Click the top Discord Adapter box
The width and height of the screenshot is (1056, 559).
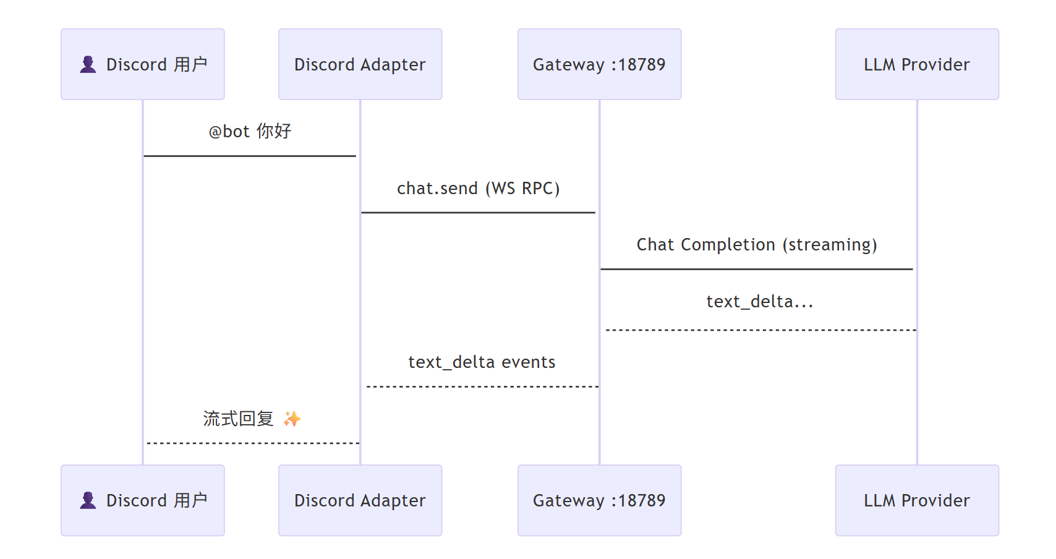(360, 64)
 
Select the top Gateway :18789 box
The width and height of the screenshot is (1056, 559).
(599, 64)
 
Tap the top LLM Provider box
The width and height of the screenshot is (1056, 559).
(917, 64)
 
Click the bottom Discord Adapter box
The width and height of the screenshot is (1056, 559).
(360, 500)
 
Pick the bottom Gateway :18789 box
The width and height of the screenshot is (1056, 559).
(599, 500)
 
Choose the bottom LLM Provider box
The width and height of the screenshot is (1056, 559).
(917, 500)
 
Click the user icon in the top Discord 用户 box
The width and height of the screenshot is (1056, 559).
(88, 64)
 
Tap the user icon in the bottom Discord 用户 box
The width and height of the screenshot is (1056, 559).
(88, 500)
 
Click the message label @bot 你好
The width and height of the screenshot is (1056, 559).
(250, 131)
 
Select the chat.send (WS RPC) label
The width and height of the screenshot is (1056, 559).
(478, 188)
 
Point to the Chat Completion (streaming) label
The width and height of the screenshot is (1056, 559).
(757, 245)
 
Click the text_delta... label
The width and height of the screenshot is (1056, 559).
(759, 302)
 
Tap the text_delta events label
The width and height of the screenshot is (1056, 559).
(482, 362)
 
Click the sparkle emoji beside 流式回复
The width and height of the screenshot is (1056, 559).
(292, 419)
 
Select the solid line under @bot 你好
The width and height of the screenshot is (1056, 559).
(250, 156)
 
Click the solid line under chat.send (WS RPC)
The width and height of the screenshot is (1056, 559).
(478, 213)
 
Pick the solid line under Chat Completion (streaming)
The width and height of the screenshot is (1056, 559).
(757, 269)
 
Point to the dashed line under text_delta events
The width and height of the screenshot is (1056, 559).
(482, 386)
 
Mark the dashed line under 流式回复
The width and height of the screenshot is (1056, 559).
(252, 443)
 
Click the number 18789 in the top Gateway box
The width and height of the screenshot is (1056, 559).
(642, 64)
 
